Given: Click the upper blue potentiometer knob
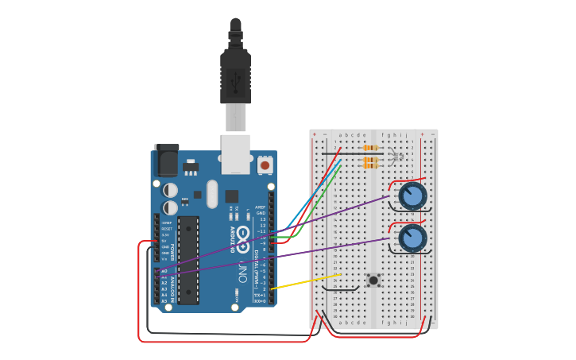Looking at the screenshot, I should [x=412, y=195].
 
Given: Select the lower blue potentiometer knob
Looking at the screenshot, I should [x=412, y=238].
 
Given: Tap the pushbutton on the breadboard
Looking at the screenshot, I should [x=373, y=280].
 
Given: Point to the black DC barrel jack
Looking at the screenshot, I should [x=165, y=161].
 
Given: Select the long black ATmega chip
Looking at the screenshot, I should [x=188, y=259].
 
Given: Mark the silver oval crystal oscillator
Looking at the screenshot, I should [x=211, y=194].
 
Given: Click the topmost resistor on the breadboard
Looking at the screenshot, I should [x=369, y=148].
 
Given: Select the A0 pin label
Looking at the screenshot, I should [x=164, y=271].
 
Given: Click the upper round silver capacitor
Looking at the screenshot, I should [x=170, y=190].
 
